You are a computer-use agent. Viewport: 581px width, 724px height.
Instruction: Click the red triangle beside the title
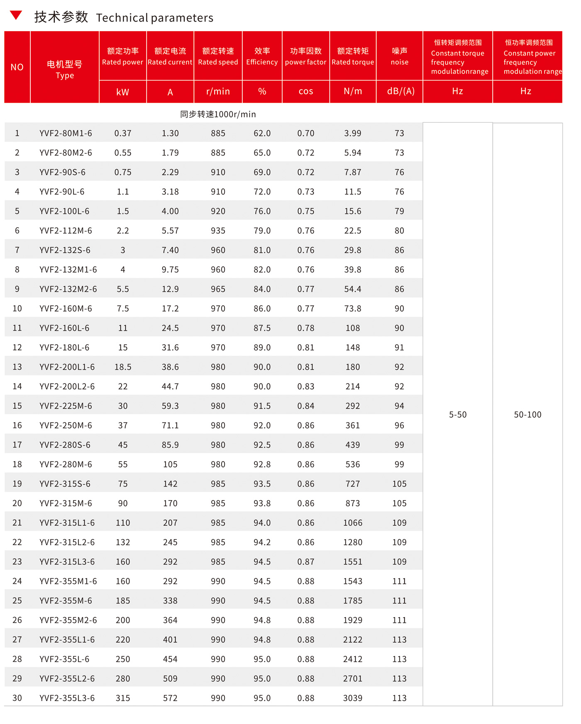pyautogui.click(x=16, y=15)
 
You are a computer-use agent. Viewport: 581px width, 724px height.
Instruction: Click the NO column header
pyautogui.click(x=17, y=67)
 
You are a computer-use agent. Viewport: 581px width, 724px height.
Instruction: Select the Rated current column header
pyautogui.click(x=170, y=56)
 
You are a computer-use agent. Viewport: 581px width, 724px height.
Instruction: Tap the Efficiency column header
pyautogui.click(x=262, y=56)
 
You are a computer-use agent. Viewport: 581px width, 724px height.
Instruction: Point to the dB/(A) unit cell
pyautogui.click(x=400, y=91)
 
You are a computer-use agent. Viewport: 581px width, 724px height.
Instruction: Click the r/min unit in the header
pyautogui.click(x=218, y=91)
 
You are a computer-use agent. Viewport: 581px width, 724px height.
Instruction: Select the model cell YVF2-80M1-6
pyautogui.click(x=66, y=133)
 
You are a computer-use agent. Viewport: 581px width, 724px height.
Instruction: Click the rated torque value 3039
pyautogui.click(x=353, y=698)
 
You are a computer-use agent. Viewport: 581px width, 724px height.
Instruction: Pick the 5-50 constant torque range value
pyautogui.click(x=458, y=415)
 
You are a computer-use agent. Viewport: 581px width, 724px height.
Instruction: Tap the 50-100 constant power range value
pyautogui.click(x=527, y=415)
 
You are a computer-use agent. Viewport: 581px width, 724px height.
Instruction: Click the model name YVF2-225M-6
pyautogui.click(x=66, y=406)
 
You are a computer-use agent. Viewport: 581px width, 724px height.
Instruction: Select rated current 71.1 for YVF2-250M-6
pyautogui.click(x=170, y=425)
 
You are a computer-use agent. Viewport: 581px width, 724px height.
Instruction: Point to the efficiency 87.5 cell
pyautogui.click(x=262, y=328)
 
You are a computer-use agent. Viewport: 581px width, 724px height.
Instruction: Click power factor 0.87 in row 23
pyautogui.click(x=306, y=562)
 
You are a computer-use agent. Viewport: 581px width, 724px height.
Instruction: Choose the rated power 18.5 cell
pyautogui.click(x=123, y=367)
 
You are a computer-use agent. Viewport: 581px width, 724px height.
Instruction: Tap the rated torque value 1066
pyautogui.click(x=353, y=523)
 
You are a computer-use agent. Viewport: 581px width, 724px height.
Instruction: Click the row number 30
pyautogui.click(x=17, y=698)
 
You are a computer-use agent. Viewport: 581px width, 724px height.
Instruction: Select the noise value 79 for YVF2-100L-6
pyautogui.click(x=399, y=211)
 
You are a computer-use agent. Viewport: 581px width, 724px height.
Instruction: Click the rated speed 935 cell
pyautogui.click(x=218, y=231)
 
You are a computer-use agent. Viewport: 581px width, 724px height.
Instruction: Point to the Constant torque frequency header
pyautogui.click(x=458, y=57)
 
